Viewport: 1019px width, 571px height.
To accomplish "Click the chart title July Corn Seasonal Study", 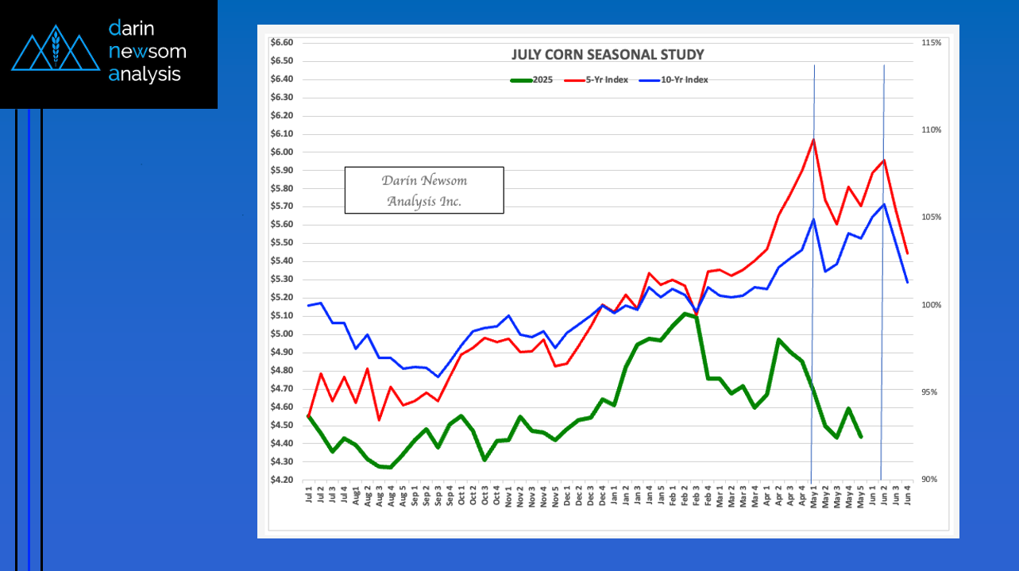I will click(607, 55).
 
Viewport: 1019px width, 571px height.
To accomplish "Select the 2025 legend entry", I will click(531, 79).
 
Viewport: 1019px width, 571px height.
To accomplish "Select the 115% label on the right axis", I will click(931, 43).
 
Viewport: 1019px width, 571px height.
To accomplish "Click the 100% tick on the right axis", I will click(931, 305).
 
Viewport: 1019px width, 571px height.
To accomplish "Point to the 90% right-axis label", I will click(931, 480).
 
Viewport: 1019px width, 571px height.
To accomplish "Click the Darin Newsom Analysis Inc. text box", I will click(424, 191).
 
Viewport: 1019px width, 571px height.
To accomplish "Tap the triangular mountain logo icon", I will click(55, 49).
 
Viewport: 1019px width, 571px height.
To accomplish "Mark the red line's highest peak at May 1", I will click(814, 139).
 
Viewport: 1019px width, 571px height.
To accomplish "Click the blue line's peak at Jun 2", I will click(884, 204).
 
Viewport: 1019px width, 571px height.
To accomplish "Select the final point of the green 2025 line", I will click(861, 437).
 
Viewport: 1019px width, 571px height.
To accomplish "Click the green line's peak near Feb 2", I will click(685, 314).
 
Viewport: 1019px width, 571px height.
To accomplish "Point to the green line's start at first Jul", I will click(308, 415).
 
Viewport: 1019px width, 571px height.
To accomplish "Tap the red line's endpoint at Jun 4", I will click(907, 253).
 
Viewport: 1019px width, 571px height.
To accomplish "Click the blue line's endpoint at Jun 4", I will click(907, 282).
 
